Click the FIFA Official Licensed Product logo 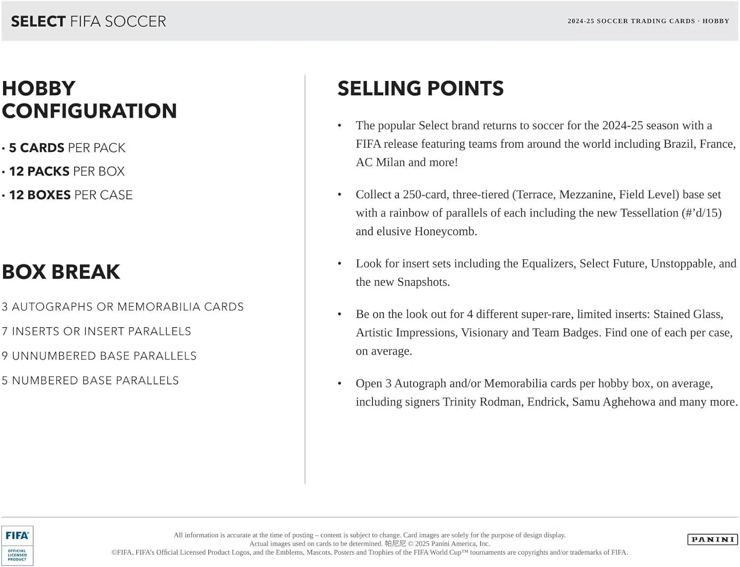click(17, 545)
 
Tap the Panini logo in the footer click(712, 539)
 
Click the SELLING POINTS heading click(420, 89)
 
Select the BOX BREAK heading click(61, 272)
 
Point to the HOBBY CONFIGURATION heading click(89, 100)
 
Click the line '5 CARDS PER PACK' click(67, 148)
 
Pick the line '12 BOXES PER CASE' click(71, 195)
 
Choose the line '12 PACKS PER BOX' click(67, 171)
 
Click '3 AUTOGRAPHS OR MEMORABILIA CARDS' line click(123, 307)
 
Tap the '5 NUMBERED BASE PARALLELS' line click(90, 380)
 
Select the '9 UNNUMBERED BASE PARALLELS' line click(99, 356)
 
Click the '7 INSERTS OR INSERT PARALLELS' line click(97, 332)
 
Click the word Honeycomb click(444, 231)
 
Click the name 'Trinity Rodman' click(481, 402)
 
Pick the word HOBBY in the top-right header click(715, 21)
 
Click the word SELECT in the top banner click(38, 21)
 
